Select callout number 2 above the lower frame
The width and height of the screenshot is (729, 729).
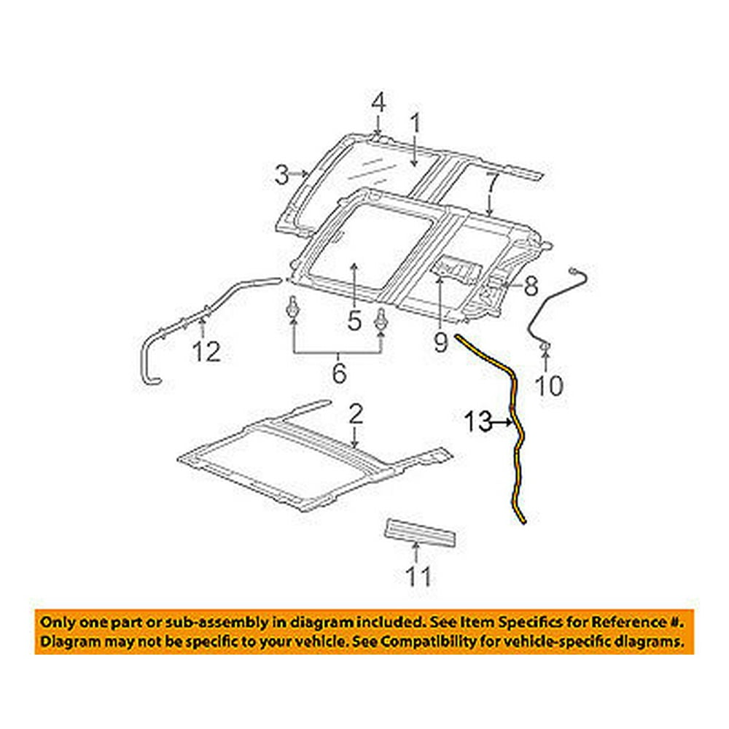[x=355, y=416]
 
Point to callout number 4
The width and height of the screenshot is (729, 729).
[x=378, y=104]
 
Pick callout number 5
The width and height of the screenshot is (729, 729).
[x=354, y=319]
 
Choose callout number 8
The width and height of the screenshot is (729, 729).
[x=530, y=286]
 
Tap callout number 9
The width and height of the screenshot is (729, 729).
[x=440, y=341]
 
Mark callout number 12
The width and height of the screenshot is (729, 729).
[x=206, y=353]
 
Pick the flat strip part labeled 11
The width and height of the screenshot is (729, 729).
[x=423, y=531]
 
